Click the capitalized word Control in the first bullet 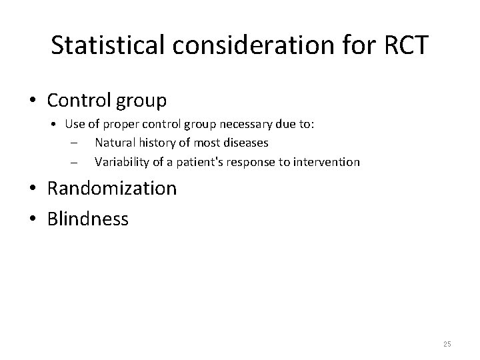[x=79, y=101]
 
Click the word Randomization [x=112, y=189]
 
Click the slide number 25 [x=447, y=343]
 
